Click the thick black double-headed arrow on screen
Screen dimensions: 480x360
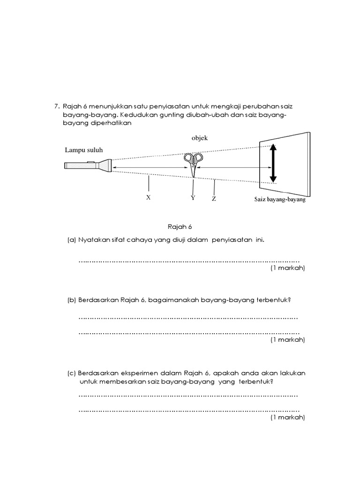273,163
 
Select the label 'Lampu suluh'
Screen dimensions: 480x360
84,150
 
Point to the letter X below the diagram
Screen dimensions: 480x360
148,198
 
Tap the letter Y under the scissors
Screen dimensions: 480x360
193,198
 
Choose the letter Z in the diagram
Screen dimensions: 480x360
214,199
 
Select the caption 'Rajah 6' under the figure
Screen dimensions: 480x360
180,227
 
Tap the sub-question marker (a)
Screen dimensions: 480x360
72,240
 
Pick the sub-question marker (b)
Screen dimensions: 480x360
72,300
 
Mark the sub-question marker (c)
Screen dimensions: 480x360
72,373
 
